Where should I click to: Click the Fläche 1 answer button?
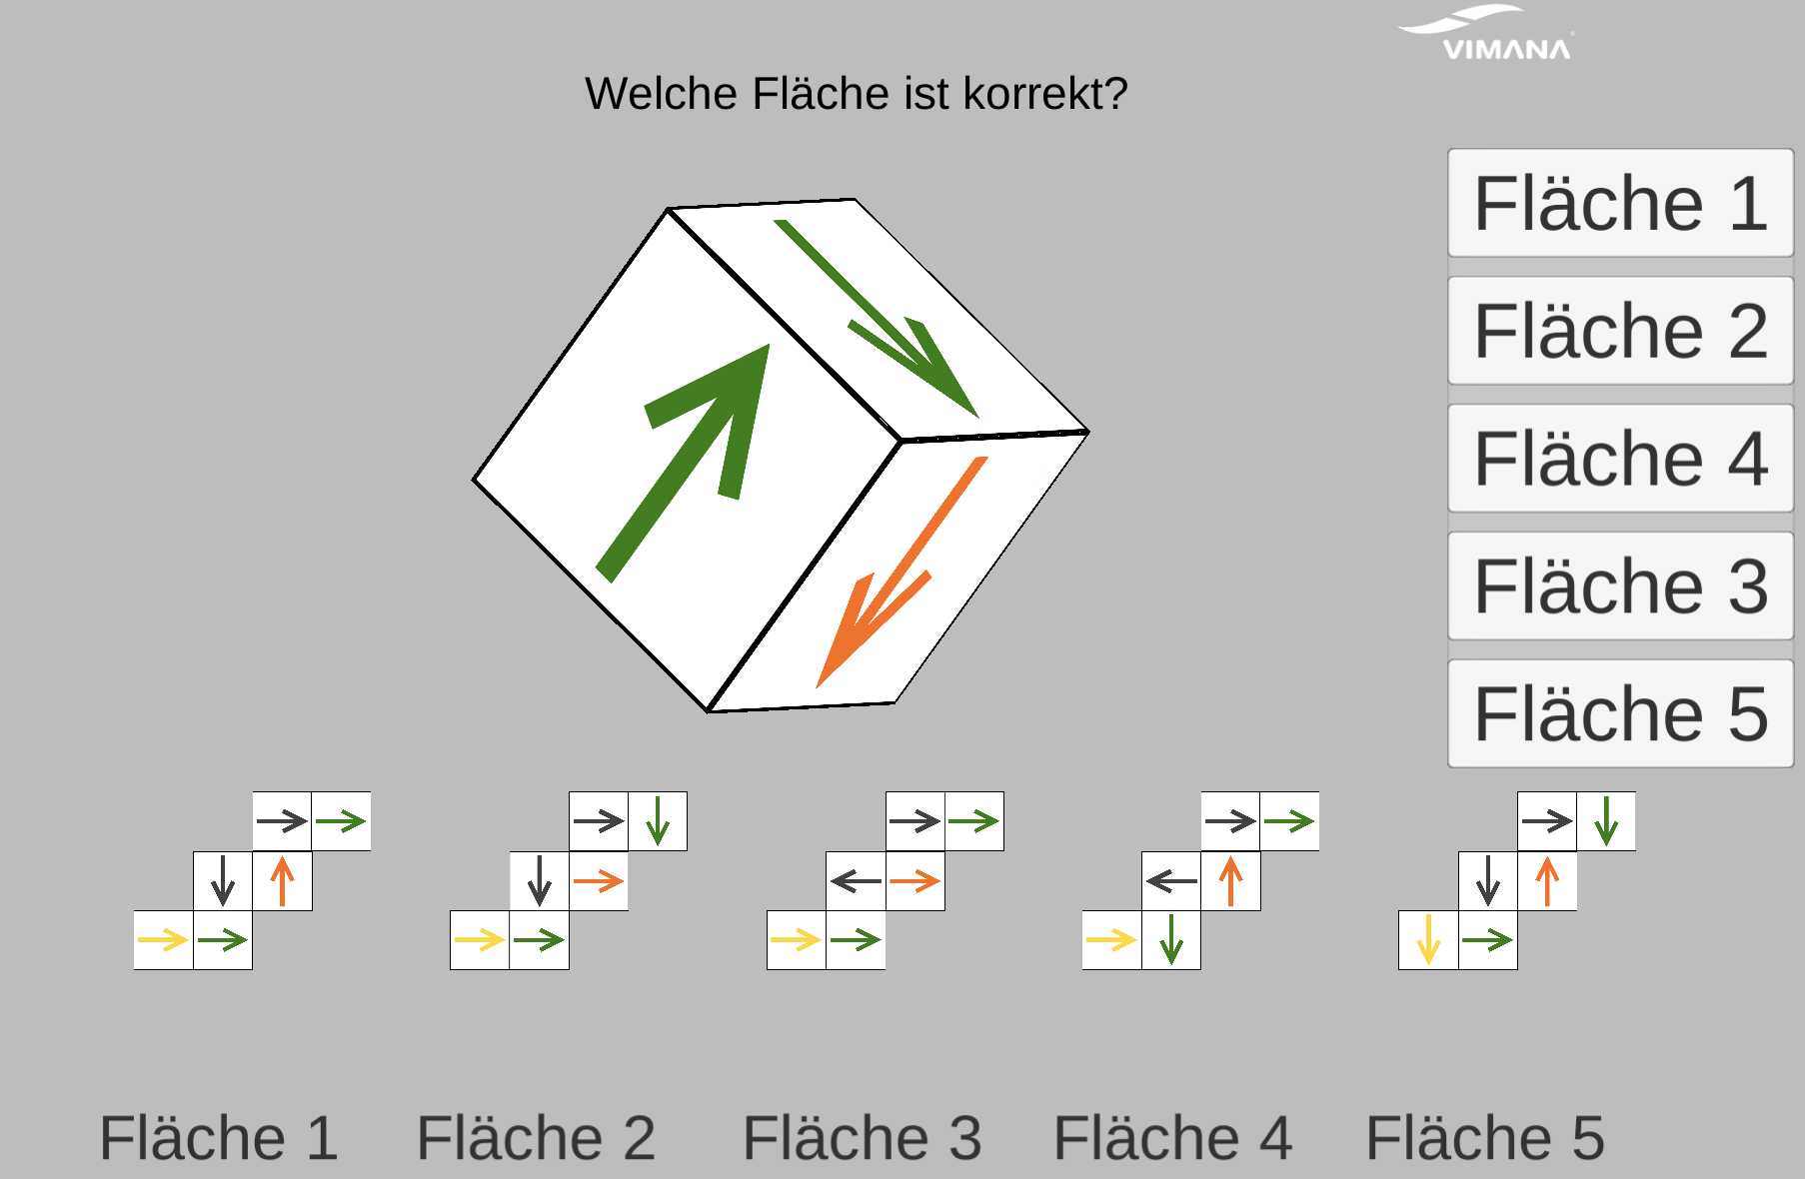coord(1619,204)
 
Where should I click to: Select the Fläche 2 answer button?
coord(1619,332)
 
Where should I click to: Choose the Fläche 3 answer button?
coord(1619,587)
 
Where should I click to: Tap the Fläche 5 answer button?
coord(1619,714)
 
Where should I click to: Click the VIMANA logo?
coord(1489,34)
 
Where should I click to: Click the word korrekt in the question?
coord(1044,94)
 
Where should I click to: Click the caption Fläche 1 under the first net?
coord(219,1138)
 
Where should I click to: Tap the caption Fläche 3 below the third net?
coord(862,1138)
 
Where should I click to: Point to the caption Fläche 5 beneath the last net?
coord(1485,1138)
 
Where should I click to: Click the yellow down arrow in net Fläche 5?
coord(1428,940)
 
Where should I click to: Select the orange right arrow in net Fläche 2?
coord(599,881)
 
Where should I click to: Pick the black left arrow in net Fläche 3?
coord(856,881)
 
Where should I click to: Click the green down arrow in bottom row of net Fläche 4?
coord(1171,940)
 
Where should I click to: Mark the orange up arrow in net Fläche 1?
coord(283,881)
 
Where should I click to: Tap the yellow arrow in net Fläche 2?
coord(480,940)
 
